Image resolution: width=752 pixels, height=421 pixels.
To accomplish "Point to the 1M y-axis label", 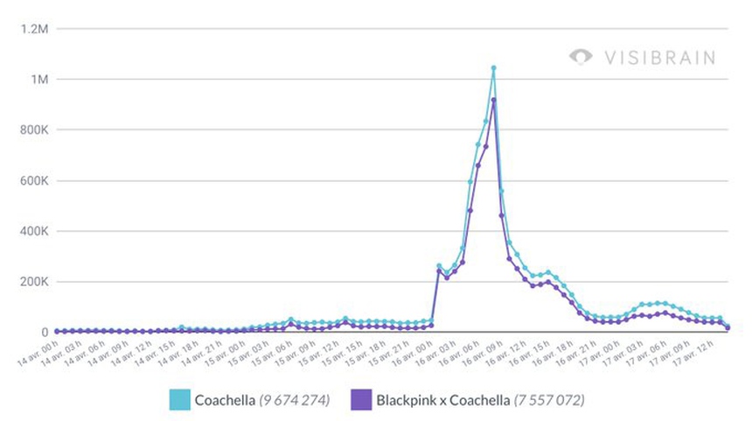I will coord(40,80).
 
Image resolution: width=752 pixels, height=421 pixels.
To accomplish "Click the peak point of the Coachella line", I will coord(493,67).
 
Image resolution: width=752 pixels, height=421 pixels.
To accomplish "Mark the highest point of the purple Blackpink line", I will coord(493,100).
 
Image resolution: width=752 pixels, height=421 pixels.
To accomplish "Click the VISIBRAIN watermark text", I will coord(659,58).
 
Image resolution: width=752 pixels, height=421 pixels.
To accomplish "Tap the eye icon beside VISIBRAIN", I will coord(581,57).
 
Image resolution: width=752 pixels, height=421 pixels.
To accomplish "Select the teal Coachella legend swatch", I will coord(182,400).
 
